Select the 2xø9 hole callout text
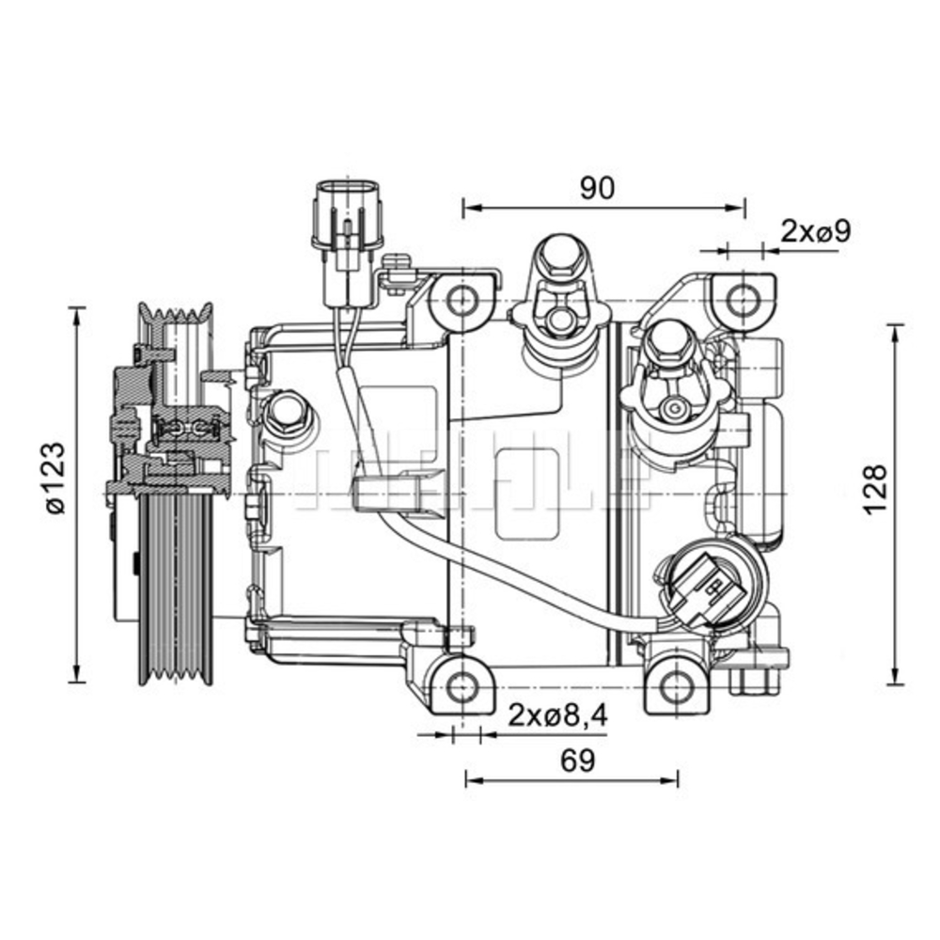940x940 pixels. (816, 230)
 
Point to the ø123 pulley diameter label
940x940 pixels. (55, 477)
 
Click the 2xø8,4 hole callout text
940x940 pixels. (558, 716)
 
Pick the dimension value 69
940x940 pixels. (579, 760)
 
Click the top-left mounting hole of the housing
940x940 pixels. (461, 301)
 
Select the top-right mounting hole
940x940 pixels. (744, 300)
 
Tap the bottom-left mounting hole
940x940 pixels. (461, 687)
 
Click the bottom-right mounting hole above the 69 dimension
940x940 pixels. (677, 687)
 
